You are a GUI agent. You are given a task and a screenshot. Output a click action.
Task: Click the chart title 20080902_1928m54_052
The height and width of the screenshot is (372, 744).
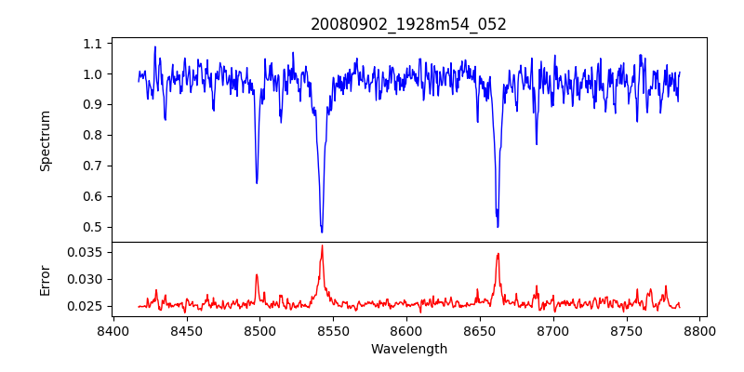(408, 24)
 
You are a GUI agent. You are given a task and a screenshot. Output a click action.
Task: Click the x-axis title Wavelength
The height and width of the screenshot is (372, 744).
(408, 350)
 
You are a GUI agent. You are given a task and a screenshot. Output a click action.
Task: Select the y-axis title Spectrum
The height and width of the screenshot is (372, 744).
(45, 140)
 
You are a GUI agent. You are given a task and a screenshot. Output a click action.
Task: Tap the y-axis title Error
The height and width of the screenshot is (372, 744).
(45, 278)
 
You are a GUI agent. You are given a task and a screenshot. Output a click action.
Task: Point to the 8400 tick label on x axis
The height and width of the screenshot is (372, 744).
(113, 330)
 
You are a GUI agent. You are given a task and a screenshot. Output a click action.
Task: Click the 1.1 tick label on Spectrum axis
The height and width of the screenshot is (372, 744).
(93, 44)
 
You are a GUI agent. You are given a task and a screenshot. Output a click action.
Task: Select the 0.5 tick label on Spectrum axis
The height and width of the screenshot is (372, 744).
(93, 227)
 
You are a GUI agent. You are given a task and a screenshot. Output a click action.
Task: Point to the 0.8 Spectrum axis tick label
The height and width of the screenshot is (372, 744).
(93, 135)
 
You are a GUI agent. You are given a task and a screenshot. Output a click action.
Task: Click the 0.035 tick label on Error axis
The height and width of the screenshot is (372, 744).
(86, 252)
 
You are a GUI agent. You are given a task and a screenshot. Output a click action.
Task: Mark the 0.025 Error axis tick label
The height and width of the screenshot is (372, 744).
(86, 306)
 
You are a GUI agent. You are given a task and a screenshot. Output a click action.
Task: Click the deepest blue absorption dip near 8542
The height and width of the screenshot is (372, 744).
(322, 232)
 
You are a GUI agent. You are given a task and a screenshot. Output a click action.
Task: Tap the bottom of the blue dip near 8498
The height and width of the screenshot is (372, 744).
(257, 182)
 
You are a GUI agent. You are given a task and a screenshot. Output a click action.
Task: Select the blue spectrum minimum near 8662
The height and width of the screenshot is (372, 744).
(498, 226)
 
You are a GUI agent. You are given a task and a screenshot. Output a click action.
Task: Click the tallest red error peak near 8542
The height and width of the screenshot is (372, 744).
(322, 246)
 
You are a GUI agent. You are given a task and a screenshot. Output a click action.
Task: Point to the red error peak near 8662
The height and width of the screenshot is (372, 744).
(498, 254)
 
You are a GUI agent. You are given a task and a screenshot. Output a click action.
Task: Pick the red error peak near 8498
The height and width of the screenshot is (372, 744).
(257, 274)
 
